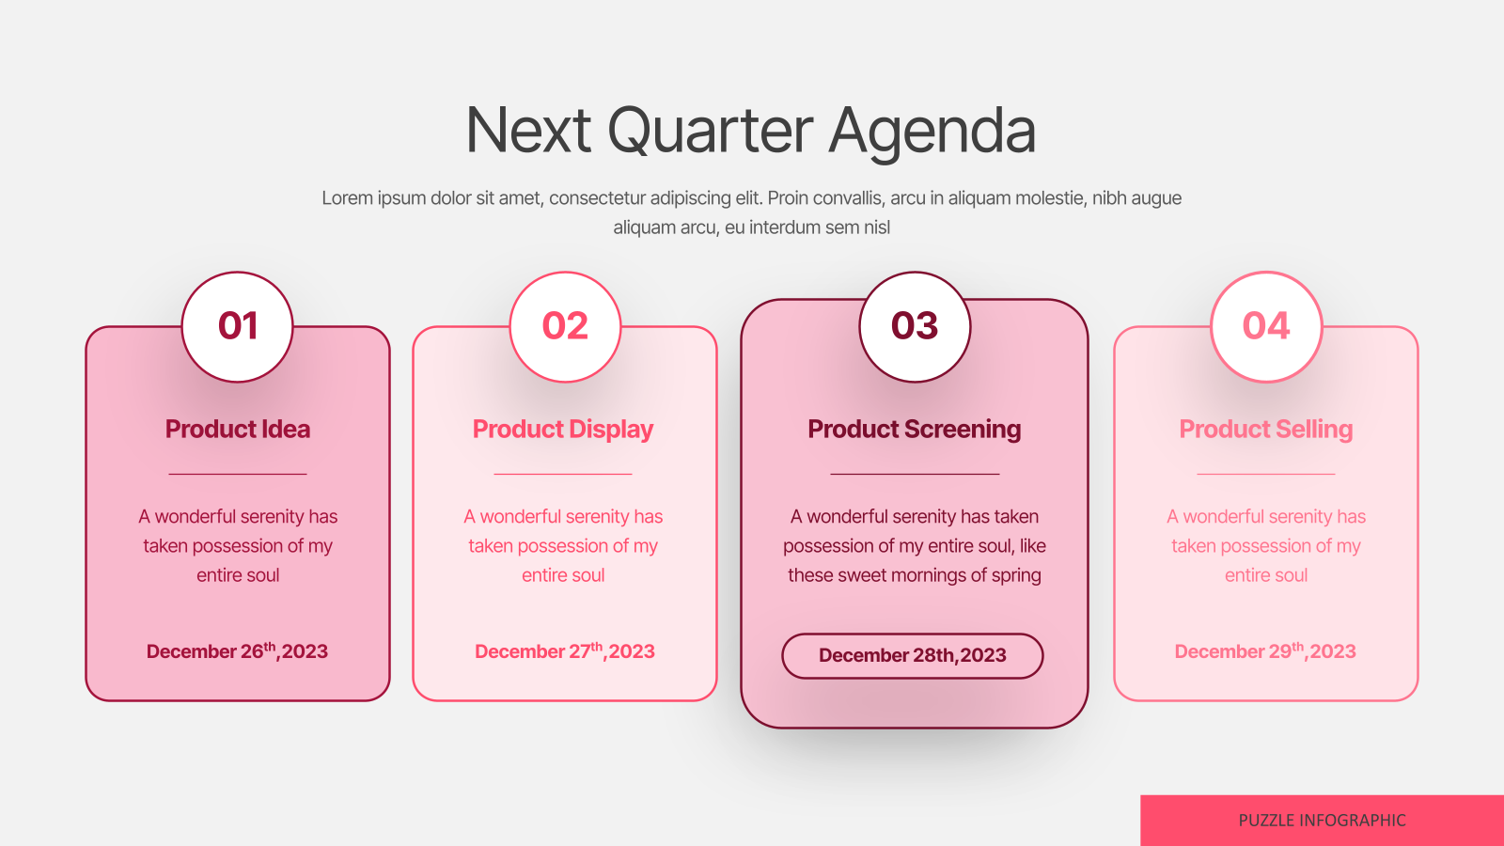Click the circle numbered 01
tap(237, 326)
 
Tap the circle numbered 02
tap(565, 326)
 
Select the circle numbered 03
tap(915, 326)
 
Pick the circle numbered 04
tap(1265, 326)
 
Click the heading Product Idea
tap(238, 429)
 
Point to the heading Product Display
tap(563, 430)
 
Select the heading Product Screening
tap(915, 430)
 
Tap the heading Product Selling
tap(1265, 430)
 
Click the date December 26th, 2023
tap(237, 650)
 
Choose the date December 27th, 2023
tap(565, 650)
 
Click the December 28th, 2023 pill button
tap(913, 656)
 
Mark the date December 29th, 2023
tap(1265, 650)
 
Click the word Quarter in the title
tap(710, 131)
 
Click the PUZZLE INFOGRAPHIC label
tap(1322, 821)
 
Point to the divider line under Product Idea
tap(238, 474)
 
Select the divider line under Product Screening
tap(915, 474)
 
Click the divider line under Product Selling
tap(1265, 474)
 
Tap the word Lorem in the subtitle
tap(347, 198)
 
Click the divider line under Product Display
tap(563, 474)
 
